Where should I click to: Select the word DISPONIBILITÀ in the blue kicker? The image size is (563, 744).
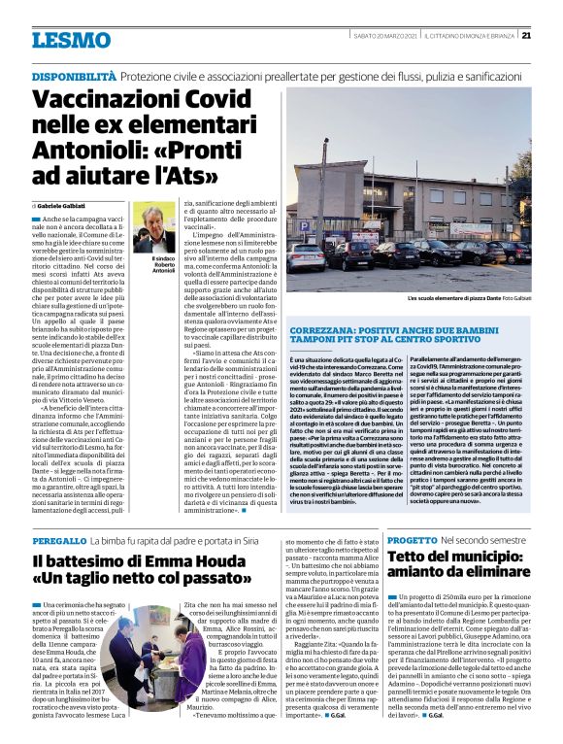(77, 76)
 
